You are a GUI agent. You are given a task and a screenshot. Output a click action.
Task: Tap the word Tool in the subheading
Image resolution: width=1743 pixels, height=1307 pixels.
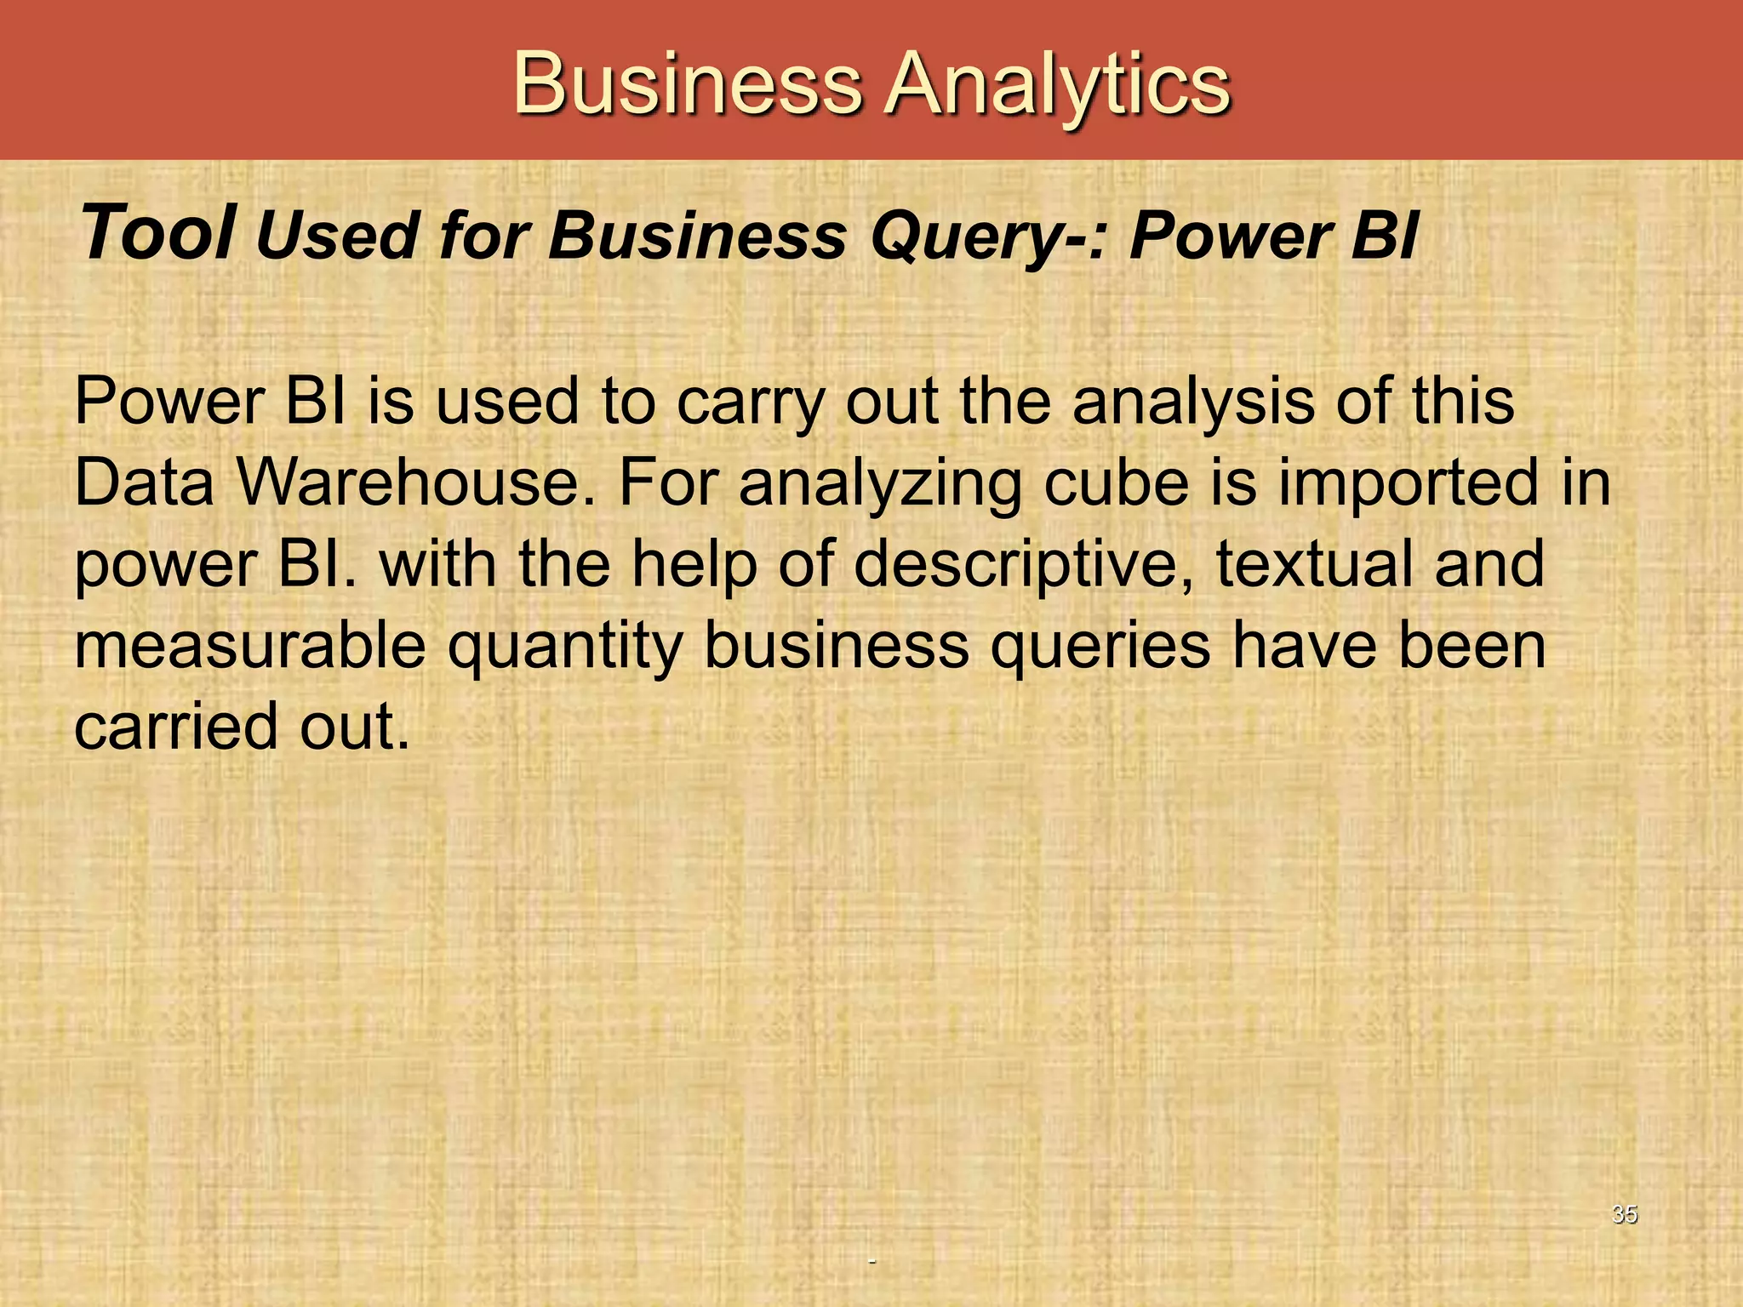click(158, 233)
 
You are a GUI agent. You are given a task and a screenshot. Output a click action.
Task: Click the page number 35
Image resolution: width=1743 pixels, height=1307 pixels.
click(1624, 1214)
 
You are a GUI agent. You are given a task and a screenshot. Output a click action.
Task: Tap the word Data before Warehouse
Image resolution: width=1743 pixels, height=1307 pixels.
click(145, 482)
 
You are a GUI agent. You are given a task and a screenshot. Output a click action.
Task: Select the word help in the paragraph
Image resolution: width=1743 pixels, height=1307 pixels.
click(694, 565)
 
